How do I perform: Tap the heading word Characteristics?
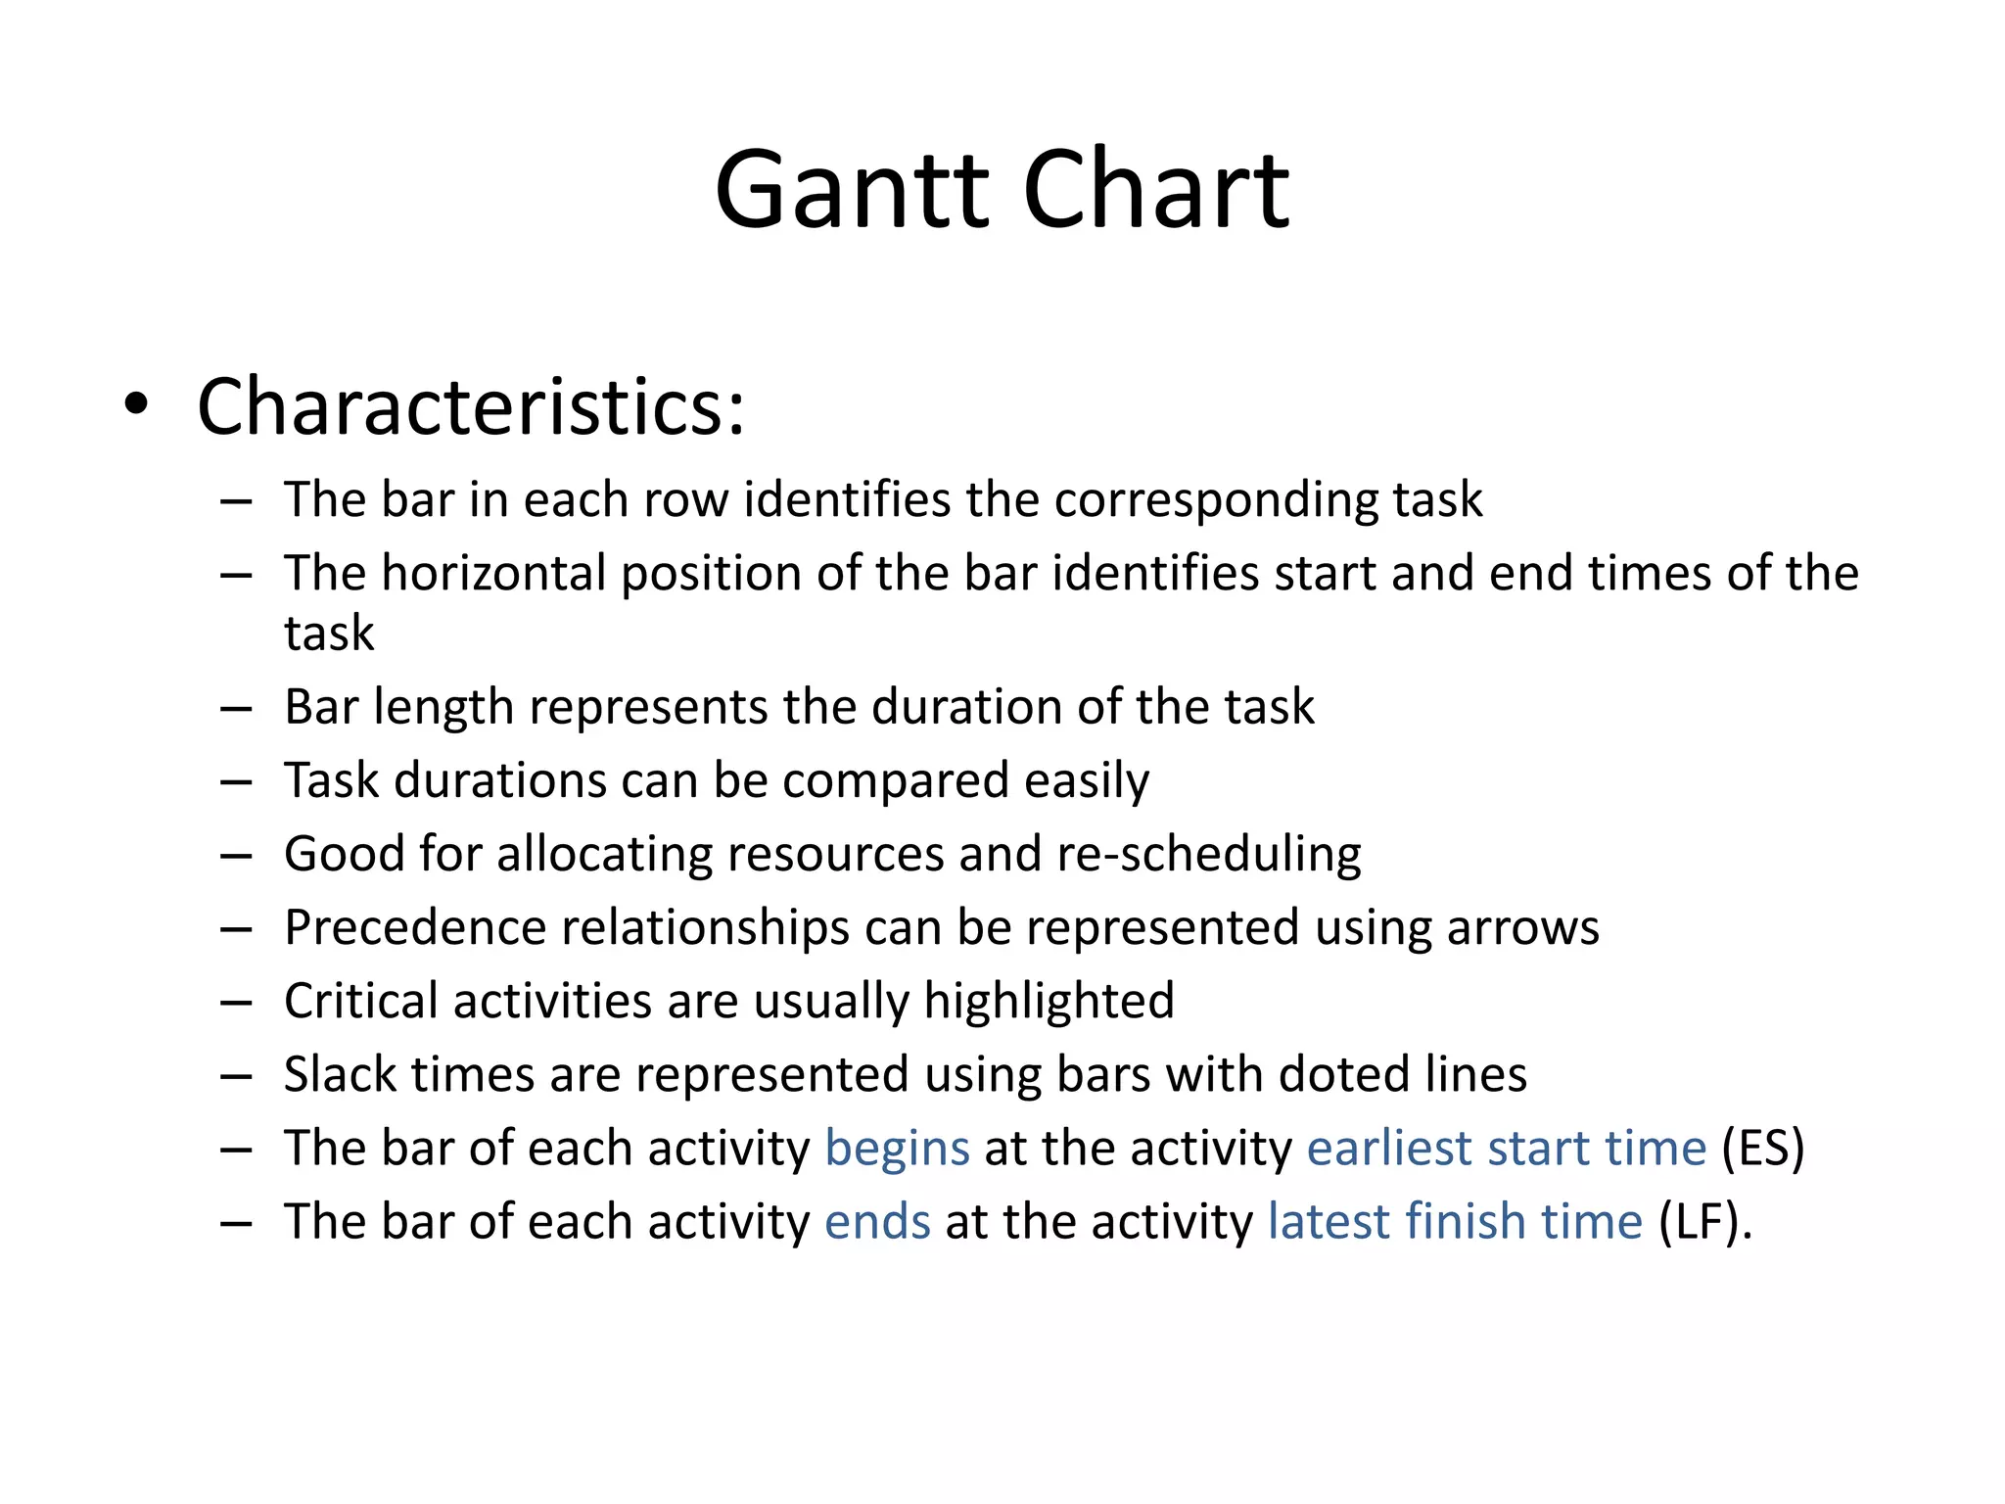[471, 406]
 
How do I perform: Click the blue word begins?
[897, 1148]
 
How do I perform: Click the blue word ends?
[877, 1221]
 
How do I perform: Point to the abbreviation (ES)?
[1762, 1148]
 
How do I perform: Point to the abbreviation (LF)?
[1704, 1221]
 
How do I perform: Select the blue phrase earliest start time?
[1506, 1148]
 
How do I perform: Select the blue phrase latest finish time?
[1455, 1221]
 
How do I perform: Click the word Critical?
[361, 1001]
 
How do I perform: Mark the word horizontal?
[494, 573]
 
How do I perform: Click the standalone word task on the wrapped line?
[329, 633]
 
